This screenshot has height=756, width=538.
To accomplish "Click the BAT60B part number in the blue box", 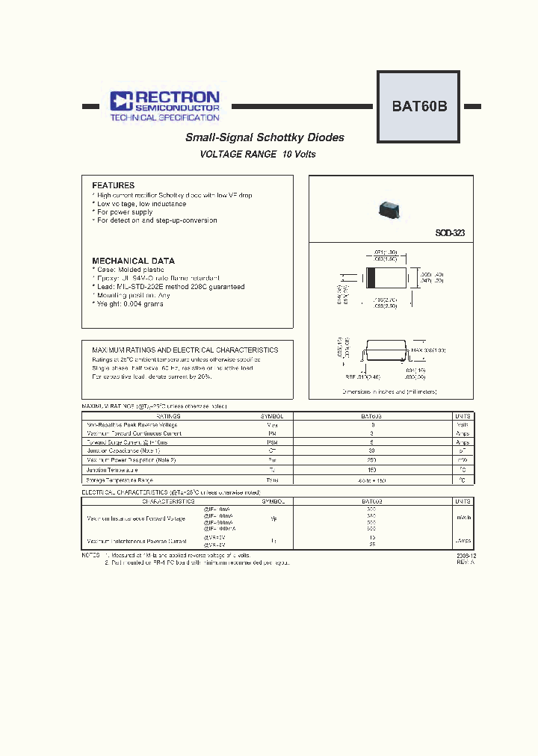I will click(419, 106).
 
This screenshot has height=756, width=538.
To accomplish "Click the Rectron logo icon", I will click(121, 102).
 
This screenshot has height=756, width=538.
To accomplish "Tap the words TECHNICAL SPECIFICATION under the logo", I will click(164, 118).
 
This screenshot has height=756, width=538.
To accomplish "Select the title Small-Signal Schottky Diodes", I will click(265, 137).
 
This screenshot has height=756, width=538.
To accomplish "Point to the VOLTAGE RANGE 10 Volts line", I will click(258, 155).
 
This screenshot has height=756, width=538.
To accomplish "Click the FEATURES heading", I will click(113, 185).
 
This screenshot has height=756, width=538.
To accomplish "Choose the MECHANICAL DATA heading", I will click(133, 261).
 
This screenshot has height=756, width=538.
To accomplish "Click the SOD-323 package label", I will click(450, 233).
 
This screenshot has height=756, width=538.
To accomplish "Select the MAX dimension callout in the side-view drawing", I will click(429, 350).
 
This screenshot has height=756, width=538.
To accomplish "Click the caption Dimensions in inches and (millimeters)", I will click(389, 391).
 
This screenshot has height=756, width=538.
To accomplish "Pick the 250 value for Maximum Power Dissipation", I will click(371, 461).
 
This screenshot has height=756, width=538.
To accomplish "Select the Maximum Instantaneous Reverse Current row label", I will click(136, 540).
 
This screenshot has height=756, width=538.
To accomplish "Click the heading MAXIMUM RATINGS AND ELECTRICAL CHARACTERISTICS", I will click(185, 350).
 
